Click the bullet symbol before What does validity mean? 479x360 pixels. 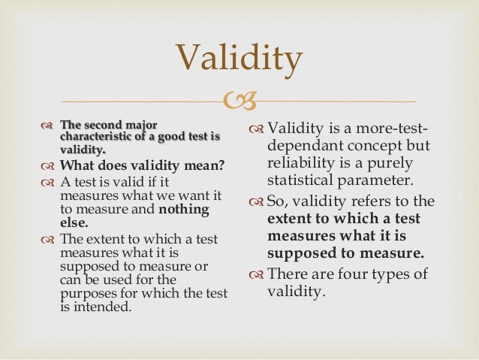click(49, 166)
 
